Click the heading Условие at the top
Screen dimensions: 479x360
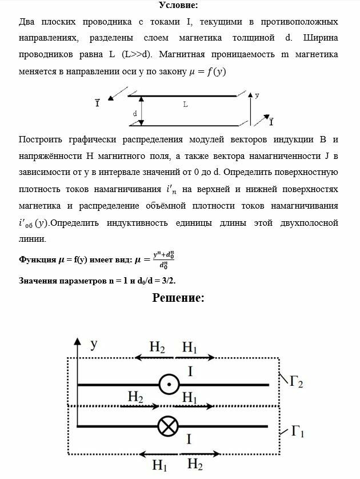coord(179,5)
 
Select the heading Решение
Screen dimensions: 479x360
coord(178,297)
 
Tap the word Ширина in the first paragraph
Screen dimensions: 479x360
coord(315,38)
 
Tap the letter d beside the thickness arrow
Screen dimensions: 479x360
coord(135,113)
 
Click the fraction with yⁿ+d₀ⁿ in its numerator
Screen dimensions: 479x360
coord(159,261)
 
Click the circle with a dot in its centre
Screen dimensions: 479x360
coord(169,384)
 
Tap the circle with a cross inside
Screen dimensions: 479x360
coord(169,426)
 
